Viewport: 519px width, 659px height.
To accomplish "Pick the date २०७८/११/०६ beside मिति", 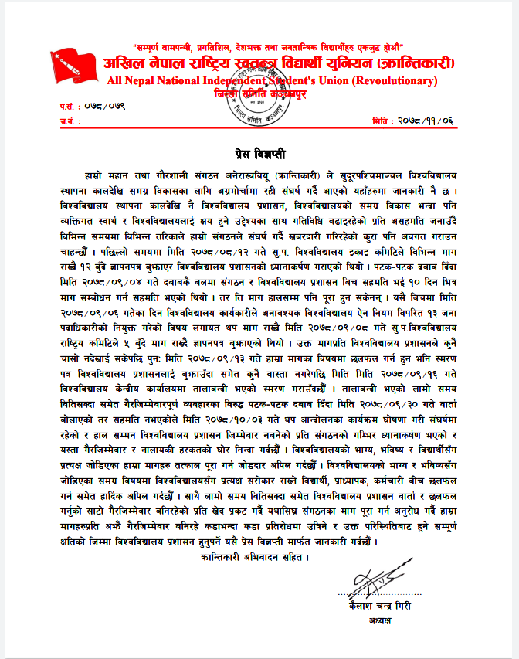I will (x=425, y=121).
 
